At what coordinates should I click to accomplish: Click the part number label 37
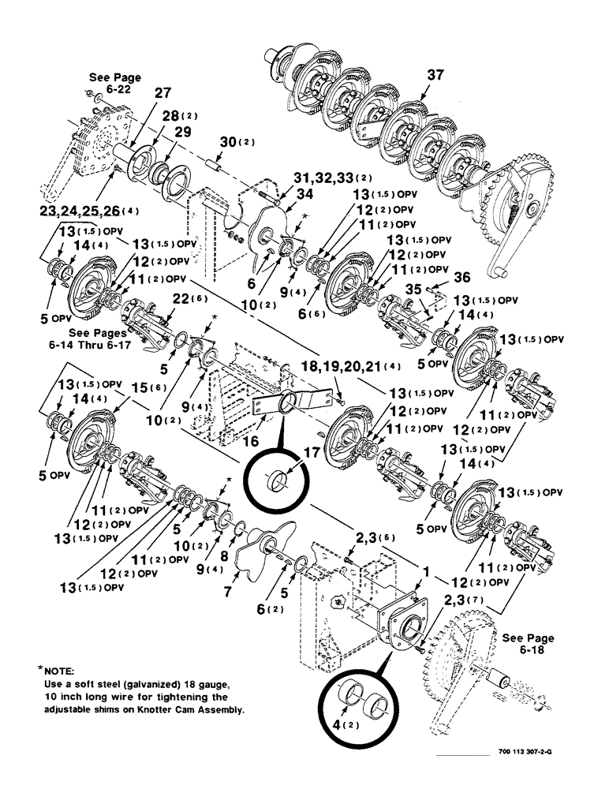pyautogui.click(x=436, y=76)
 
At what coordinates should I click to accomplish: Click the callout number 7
pyautogui.click(x=229, y=586)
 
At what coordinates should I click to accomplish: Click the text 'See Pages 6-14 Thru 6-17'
pyautogui.click(x=97, y=327)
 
